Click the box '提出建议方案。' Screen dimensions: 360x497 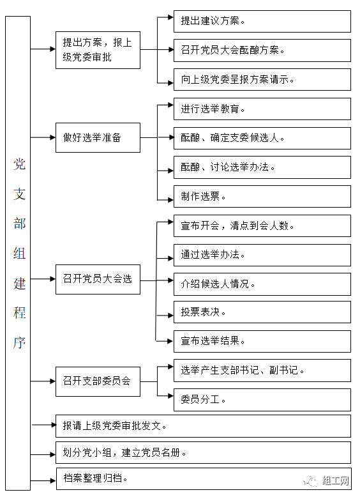(262, 21)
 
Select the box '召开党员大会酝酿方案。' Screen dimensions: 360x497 (262, 50)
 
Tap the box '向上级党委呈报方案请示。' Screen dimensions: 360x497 (262, 80)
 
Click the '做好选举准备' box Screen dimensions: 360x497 (98, 137)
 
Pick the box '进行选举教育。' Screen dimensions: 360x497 (262, 109)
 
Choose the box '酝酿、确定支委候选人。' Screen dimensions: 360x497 (262, 138)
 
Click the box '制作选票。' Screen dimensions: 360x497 (262, 197)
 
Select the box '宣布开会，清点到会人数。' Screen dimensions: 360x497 (262, 226)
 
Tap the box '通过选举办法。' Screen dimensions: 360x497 (262, 255)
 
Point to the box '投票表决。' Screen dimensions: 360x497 (262, 312)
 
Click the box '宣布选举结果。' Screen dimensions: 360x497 (262, 341)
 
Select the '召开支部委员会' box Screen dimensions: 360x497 (98, 381)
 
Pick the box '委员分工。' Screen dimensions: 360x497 (262, 400)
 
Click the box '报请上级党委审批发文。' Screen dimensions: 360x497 (203, 426)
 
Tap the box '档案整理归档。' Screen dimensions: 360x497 (204, 478)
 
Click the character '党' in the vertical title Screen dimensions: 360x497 (19, 164)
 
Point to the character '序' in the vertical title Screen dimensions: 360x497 (19, 342)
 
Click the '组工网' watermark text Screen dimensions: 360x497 (336, 481)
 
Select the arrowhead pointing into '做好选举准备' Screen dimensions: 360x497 (53, 137)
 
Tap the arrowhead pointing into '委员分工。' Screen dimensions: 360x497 (170, 396)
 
